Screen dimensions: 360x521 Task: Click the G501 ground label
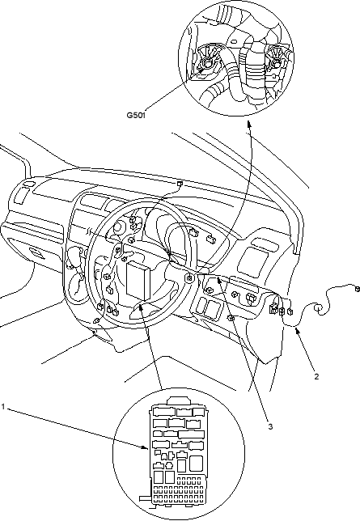(x=136, y=116)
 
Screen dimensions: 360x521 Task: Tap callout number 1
(x=3, y=406)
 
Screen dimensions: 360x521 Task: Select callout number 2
(x=316, y=376)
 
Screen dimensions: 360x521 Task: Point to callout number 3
(x=270, y=426)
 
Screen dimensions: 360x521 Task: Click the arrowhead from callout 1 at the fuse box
(x=146, y=447)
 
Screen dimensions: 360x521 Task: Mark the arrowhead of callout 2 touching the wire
(x=297, y=330)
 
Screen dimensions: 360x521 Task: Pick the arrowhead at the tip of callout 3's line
(x=219, y=281)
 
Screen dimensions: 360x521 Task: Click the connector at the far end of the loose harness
(x=358, y=288)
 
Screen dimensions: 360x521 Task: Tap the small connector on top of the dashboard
(x=180, y=184)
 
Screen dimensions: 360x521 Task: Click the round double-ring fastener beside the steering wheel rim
(x=189, y=278)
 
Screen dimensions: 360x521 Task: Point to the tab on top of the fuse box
(x=178, y=400)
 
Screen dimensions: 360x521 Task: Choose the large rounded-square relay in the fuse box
(x=196, y=464)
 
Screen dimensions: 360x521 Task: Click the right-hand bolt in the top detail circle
(x=275, y=60)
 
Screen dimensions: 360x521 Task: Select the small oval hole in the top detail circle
(x=234, y=42)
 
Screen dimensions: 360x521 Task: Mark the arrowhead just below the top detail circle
(x=248, y=124)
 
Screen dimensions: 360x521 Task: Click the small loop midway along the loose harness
(x=318, y=309)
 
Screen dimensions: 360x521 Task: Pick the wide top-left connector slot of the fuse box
(x=163, y=412)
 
